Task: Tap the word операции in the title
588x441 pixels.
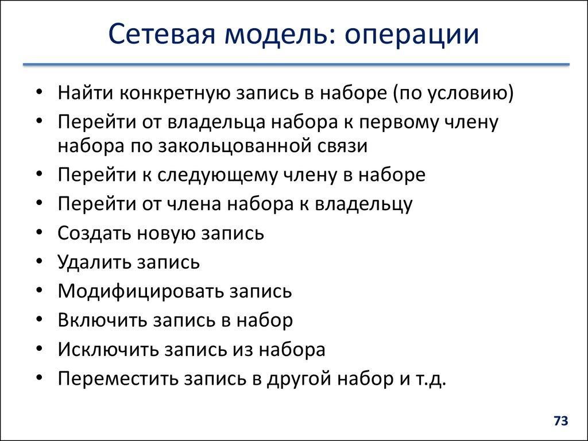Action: [412, 36]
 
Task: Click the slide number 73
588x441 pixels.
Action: [560, 421]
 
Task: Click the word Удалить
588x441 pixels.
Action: [92, 262]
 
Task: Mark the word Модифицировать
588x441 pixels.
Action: [141, 291]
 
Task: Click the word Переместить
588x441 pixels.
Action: [117, 379]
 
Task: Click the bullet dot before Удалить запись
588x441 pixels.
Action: [38, 262]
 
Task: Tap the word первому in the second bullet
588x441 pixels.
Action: [405, 122]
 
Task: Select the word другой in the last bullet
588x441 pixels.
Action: [295, 379]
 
